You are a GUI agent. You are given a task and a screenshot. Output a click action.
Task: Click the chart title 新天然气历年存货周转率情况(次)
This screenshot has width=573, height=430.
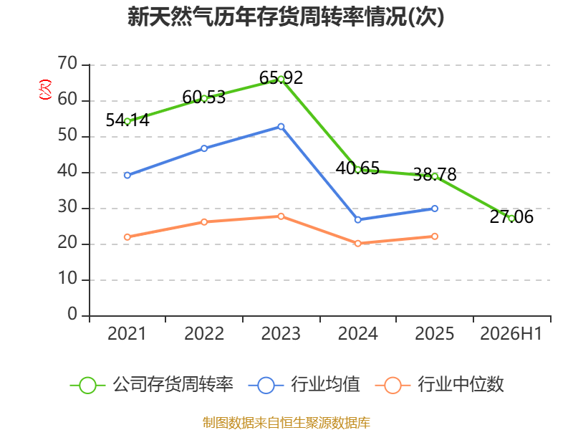(286, 17)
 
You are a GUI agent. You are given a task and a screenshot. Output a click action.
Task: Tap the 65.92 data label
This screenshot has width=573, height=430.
(281, 78)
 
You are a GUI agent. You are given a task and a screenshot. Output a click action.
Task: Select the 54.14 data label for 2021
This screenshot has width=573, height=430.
(127, 120)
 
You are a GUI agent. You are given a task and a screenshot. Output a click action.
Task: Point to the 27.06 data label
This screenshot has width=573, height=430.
(511, 217)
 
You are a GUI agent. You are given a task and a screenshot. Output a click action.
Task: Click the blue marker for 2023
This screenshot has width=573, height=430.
(281, 127)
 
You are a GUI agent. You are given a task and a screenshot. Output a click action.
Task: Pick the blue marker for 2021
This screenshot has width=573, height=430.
(127, 175)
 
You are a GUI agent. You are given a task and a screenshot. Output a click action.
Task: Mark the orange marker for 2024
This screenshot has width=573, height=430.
(357, 243)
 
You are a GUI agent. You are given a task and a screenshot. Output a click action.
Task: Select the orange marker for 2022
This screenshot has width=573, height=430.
(204, 222)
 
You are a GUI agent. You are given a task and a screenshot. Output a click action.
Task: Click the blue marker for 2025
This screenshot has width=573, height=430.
(435, 209)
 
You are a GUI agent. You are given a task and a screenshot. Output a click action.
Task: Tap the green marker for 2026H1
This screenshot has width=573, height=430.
(511, 219)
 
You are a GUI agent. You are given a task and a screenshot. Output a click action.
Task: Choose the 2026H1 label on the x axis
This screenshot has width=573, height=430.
(511, 333)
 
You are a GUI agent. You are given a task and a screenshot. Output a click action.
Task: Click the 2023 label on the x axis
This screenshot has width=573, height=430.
(281, 333)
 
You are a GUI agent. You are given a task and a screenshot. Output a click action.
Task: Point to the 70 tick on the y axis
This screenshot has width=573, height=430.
(67, 64)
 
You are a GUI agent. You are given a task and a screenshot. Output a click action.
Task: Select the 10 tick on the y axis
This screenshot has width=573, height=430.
(67, 279)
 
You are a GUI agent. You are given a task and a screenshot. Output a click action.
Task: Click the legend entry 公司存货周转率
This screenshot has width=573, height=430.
(151, 385)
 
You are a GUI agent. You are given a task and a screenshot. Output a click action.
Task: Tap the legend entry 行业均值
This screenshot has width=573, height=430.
(304, 385)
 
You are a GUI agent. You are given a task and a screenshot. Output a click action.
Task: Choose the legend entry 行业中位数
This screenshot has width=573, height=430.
(440, 385)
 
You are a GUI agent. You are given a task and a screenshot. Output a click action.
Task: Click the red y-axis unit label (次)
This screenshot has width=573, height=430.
(45, 89)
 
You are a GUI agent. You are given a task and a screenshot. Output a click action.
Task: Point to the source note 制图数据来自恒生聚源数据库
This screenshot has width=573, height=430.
(286, 423)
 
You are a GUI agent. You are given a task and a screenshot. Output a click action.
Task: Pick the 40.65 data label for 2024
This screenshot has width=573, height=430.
(357, 168)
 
